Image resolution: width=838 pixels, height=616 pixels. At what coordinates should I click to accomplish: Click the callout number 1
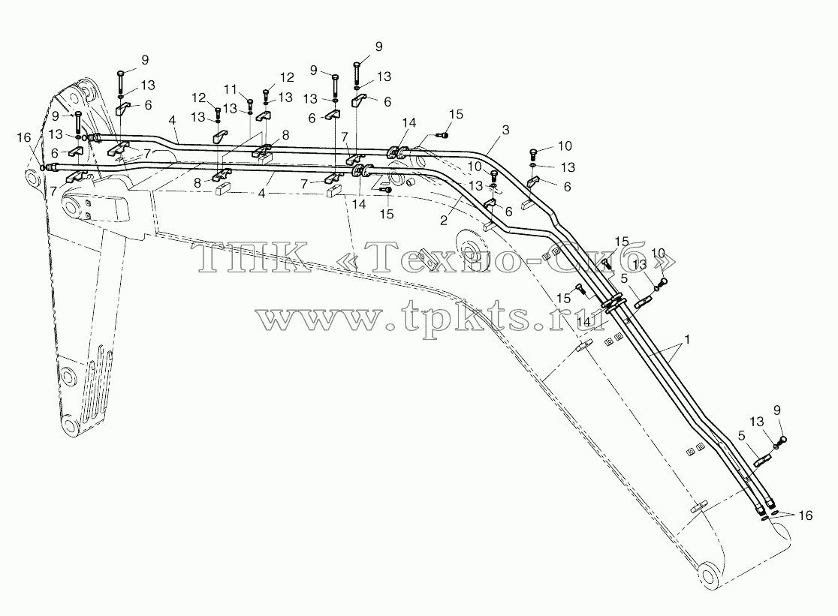pyautogui.click(x=687, y=339)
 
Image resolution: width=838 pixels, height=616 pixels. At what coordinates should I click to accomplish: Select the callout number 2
pyautogui.click(x=444, y=220)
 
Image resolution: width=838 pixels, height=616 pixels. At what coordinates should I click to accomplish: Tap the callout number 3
pyautogui.click(x=505, y=130)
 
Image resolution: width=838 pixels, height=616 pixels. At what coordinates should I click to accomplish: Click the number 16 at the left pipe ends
pyautogui.click(x=24, y=138)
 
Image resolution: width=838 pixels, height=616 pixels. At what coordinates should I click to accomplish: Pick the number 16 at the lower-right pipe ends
pyautogui.click(x=806, y=515)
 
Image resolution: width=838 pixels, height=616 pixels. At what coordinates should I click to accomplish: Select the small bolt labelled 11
pyautogui.click(x=249, y=103)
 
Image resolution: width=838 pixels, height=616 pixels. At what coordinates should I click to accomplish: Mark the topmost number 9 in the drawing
pyautogui.click(x=379, y=47)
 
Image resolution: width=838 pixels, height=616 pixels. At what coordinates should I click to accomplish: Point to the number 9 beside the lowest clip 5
pyautogui.click(x=777, y=410)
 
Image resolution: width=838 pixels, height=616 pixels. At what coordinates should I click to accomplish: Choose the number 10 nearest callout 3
pyautogui.click(x=565, y=146)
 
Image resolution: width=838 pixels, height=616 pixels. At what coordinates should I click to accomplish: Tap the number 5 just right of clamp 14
pyautogui.click(x=624, y=278)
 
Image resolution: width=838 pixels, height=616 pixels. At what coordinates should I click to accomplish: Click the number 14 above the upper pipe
pyautogui.click(x=408, y=123)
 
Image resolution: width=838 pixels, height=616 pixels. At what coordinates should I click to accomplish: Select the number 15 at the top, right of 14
pyautogui.click(x=456, y=114)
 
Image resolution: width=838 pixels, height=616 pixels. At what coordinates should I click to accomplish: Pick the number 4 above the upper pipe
pyautogui.click(x=172, y=121)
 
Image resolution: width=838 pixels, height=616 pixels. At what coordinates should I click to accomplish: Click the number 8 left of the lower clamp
pyautogui.click(x=197, y=183)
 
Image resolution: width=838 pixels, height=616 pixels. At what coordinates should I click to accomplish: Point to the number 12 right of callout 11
pyautogui.click(x=287, y=77)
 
